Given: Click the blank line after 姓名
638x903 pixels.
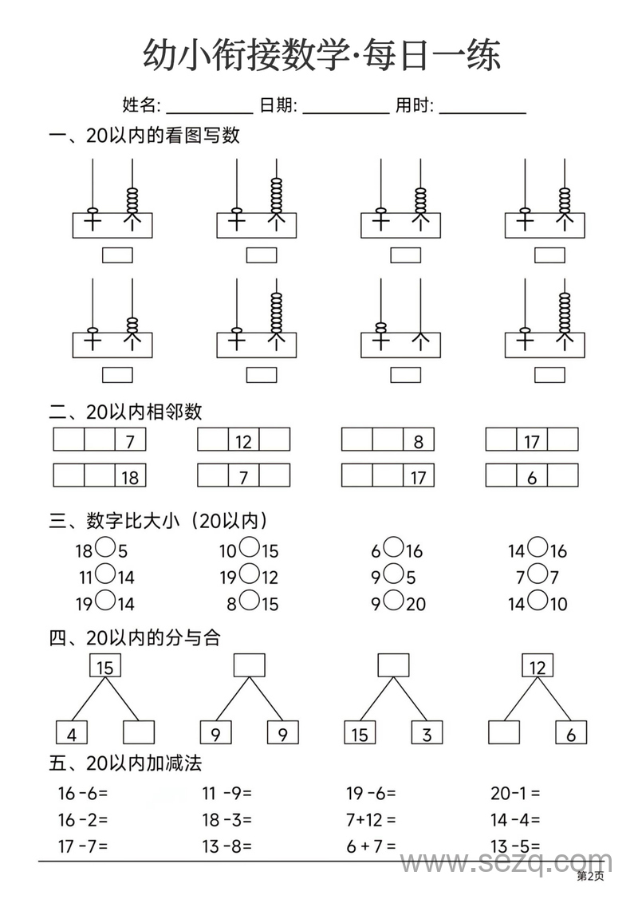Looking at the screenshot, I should (x=209, y=111).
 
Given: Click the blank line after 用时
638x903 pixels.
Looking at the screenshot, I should (x=482, y=111).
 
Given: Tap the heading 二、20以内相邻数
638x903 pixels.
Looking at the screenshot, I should (x=126, y=412).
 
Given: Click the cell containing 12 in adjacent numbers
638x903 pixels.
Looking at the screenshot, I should (x=243, y=440).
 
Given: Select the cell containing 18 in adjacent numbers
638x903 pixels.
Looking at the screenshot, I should (x=130, y=476).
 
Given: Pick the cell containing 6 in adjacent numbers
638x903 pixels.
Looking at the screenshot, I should (x=532, y=476).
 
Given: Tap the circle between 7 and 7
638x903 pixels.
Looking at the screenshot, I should (x=539, y=574).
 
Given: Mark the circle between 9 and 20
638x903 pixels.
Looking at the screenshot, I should (x=394, y=601).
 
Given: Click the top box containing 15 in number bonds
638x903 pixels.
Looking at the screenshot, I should (x=104, y=666).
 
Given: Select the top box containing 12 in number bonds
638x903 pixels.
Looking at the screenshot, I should (x=538, y=666).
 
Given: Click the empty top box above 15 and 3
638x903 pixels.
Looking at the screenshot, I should (x=393, y=665).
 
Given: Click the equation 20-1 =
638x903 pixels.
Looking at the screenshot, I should (x=515, y=793).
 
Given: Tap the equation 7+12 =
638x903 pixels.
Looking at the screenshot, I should (x=371, y=819).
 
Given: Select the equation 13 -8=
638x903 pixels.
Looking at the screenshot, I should (x=226, y=846).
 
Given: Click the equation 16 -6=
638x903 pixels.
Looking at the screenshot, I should (x=82, y=793).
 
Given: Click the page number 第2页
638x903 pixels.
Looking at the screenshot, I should (x=590, y=877).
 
